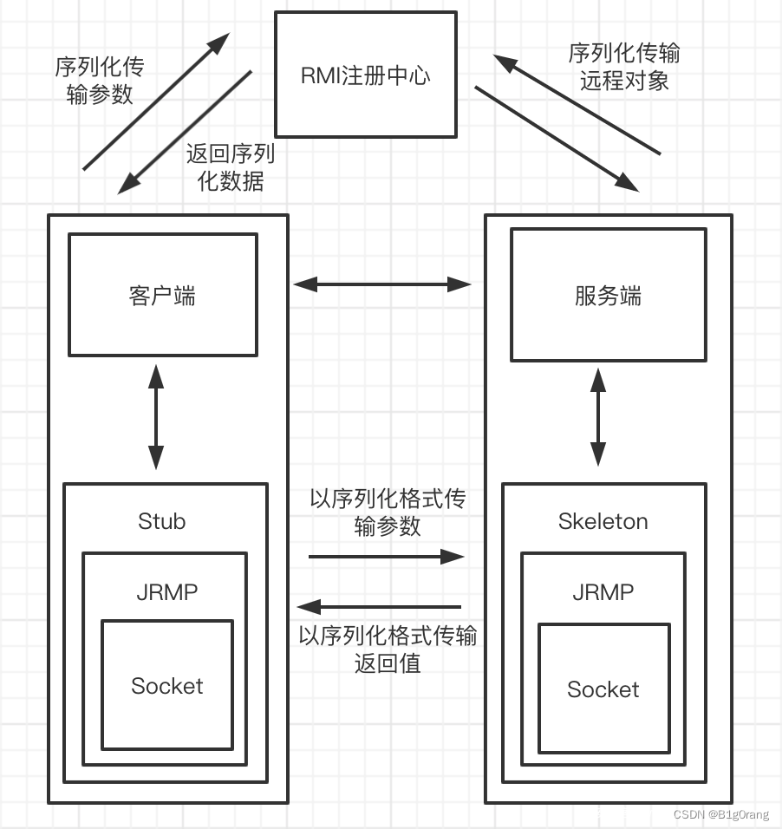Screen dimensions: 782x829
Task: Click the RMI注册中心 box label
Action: point(365,75)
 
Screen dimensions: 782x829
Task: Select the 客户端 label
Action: point(162,296)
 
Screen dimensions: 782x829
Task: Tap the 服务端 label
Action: point(608,296)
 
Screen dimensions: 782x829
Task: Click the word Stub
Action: point(162,521)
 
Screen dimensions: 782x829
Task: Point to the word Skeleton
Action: point(603,521)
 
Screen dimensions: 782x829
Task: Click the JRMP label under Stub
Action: point(167,592)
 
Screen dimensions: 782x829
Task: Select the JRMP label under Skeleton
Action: point(603,592)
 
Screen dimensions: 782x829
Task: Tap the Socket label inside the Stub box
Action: point(167,686)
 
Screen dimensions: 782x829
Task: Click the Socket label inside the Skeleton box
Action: point(603,689)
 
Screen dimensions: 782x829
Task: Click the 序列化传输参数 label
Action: point(100,81)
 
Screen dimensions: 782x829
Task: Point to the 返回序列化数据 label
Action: point(231,167)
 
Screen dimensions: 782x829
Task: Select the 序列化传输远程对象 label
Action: point(624,67)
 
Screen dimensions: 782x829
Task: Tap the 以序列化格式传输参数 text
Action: point(388,512)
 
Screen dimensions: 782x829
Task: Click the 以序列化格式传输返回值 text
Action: point(388,649)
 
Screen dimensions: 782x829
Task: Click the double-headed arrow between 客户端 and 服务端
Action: point(381,284)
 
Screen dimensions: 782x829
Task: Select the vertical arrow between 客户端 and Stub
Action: point(156,416)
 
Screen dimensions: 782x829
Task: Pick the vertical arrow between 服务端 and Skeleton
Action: point(598,417)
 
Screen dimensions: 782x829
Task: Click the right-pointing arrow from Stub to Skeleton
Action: point(387,556)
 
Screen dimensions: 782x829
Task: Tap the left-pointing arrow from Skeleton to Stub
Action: point(379,607)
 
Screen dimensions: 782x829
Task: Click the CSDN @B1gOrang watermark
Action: point(721,814)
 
